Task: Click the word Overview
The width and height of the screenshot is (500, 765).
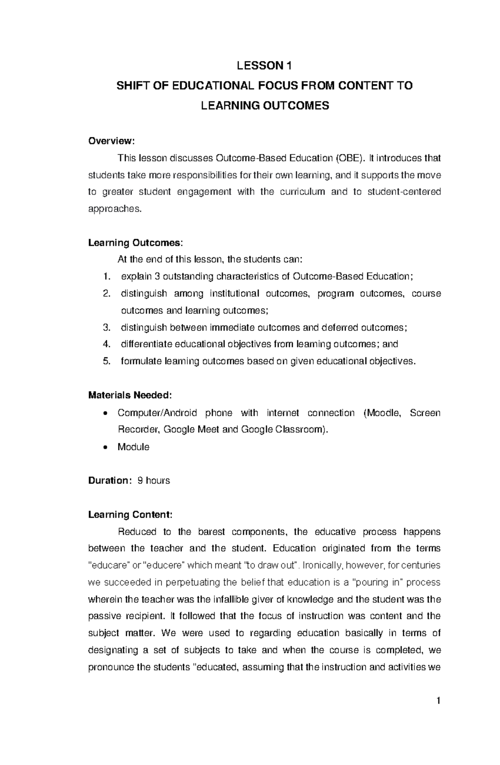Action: coord(111,141)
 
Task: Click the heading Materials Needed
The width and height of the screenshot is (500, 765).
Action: coord(130,395)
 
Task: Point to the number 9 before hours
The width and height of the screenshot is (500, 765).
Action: coord(140,481)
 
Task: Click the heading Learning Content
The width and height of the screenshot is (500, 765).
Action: coord(130,514)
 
